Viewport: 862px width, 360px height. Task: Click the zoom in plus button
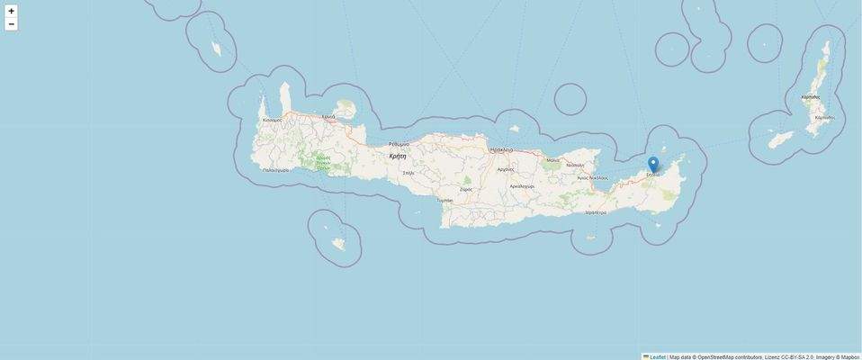(11, 11)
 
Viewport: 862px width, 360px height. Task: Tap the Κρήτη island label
(397, 156)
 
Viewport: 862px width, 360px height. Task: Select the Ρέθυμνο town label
(399, 144)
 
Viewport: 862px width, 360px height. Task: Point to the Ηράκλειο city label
(501, 149)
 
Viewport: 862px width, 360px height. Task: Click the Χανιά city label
(328, 117)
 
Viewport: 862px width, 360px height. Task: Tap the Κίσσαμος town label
(272, 120)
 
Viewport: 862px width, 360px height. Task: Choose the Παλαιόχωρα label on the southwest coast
(275, 169)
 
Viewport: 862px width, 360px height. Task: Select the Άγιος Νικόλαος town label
(592, 177)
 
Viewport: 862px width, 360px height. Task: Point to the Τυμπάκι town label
(444, 200)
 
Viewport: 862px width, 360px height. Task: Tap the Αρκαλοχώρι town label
(522, 186)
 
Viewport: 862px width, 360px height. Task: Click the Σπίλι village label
(409, 172)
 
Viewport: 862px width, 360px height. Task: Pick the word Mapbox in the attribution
(850, 356)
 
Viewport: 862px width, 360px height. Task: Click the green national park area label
(323, 162)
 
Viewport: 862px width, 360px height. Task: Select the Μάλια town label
(552, 160)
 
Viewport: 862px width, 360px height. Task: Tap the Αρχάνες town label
(506, 169)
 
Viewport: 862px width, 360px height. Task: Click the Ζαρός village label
(466, 190)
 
